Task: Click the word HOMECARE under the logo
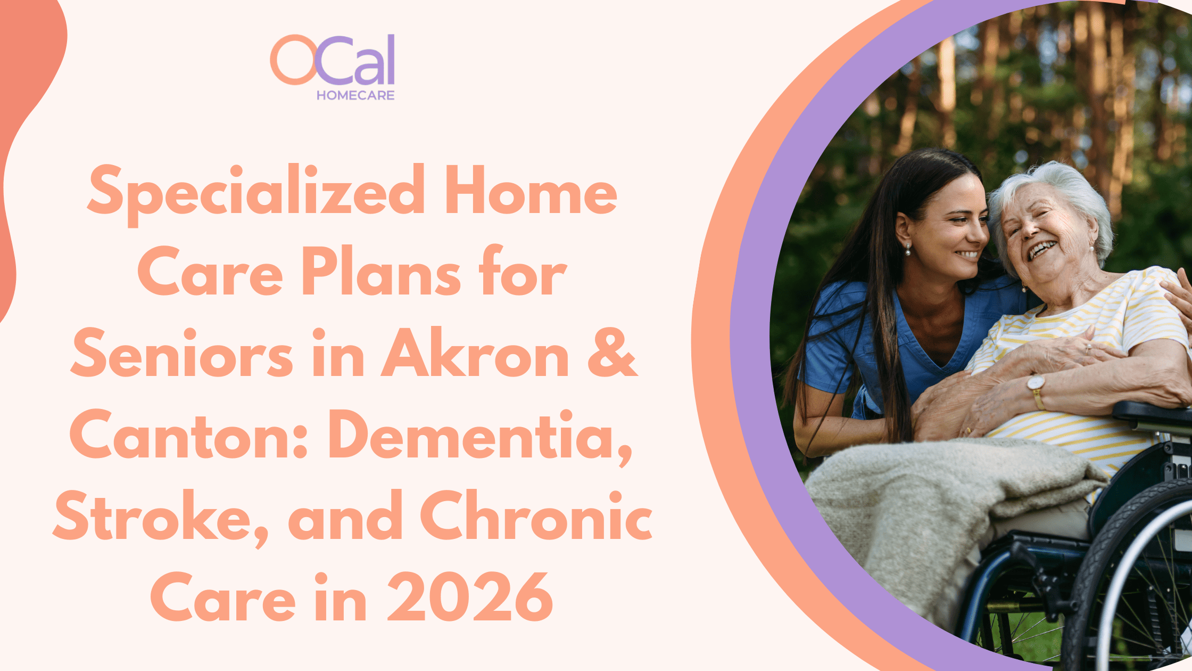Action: tap(355, 95)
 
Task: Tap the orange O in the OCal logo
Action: tap(294, 60)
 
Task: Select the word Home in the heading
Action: tap(531, 191)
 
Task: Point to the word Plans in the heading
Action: tap(381, 272)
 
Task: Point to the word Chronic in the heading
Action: tap(536, 515)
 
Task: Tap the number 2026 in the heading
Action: tap(470, 597)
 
